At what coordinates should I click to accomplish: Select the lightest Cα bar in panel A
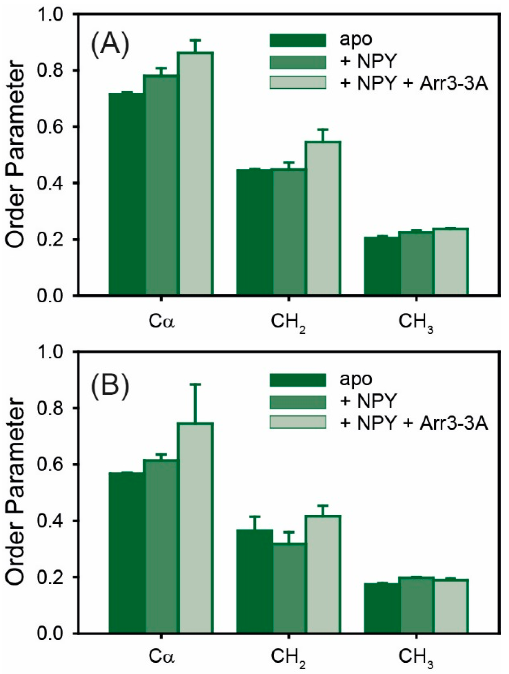click(196, 174)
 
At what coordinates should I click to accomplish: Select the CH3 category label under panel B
click(416, 662)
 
